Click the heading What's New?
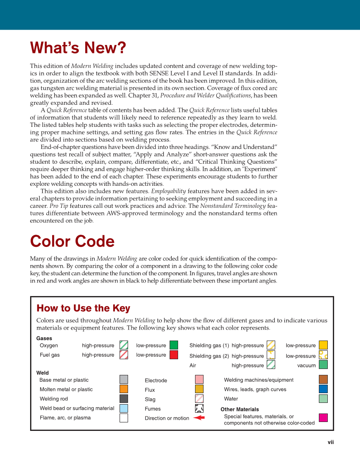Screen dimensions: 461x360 pyautogui.click(x=78, y=48)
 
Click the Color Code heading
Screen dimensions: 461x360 pyautogui.click(x=72, y=241)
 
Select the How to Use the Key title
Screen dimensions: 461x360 pyautogui.click(x=84, y=308)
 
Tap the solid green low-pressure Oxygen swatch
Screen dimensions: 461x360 pyautogui.click(x=174, y=345)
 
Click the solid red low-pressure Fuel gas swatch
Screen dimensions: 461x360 pyautogui.click(x=174, y=355)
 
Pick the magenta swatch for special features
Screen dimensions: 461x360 pyautogui.click(x=323, y=418)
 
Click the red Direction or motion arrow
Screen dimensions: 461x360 pyautogui.click(x=199, y=418)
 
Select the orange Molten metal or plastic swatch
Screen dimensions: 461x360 pyautogui.click(x=124, y=389)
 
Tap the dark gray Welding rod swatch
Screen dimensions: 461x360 pyautogui.click(x=124, y=399)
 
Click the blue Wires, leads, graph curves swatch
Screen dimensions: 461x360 pyautogui.click(x=323, y=389)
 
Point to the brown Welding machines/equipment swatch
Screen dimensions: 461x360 pyautogui.click(x=323, y=379)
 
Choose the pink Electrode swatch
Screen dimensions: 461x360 pyautogui.click(x=199, y=380)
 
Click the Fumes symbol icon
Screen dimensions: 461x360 pyautogui.click(x=199, y=408)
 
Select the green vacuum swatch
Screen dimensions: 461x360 pyautogui.click(x=323, y=365)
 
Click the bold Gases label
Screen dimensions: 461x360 pyautogui.click(x=45, y=338)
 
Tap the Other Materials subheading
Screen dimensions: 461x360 pyautogui.click(x=240, y=409)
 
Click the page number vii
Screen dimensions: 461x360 pyautogui.click(x=330, y=442)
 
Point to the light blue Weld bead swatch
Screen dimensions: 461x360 pyautogui.click(x=124, y=408)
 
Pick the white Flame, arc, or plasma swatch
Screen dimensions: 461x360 pyautogui.click(x=124, y=418)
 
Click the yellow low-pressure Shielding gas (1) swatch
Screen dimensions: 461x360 pyautogui.click(x=323, y=345)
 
